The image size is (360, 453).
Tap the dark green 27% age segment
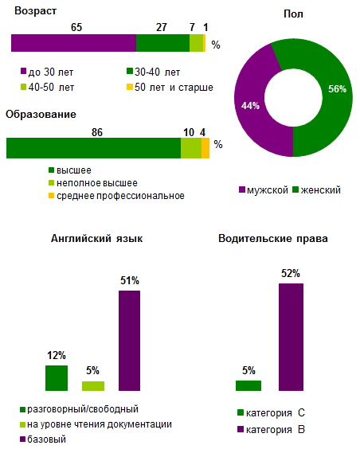162,44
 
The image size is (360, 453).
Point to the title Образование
41,115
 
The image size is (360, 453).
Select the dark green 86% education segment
93,149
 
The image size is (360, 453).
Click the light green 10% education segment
190,149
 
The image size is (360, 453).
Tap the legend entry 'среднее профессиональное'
116,196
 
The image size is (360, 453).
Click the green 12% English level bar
57,378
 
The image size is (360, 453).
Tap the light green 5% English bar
93,386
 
